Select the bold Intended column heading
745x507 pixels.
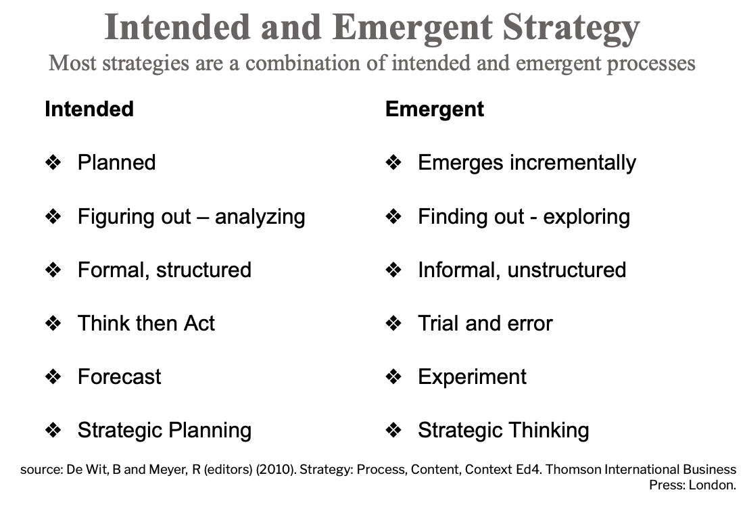[x=89, y=109]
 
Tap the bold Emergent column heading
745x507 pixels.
[x=435, y=109]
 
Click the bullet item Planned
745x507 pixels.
[x=116, y=162]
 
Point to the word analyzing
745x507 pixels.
[x=260, y=216]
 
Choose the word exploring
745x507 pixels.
[x=587, y=216]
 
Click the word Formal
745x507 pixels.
[x=113, y=270]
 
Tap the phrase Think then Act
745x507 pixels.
[x=146, y=323]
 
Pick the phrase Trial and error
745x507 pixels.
[x=485, y=323]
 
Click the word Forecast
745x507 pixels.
[x=120, y=377]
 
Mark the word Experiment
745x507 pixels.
[x=473, y=377]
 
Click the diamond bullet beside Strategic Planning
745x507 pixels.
[x=53, y=430]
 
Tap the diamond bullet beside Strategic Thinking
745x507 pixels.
[x=393, y=430]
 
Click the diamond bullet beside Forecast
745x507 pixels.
[x=53, y=377]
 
